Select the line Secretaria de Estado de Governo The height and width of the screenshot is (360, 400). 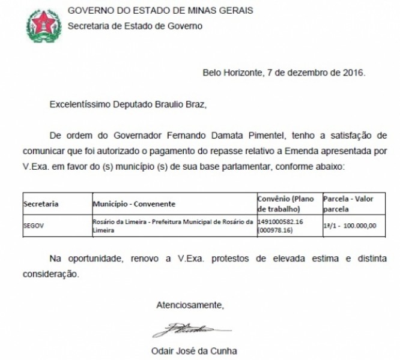pos(135,26)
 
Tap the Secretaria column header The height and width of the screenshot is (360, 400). pos(41,204)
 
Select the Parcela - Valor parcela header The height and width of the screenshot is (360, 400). pos(347,203)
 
